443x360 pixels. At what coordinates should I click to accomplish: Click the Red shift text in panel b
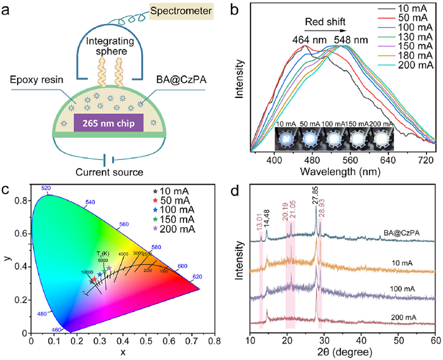pyautogui.click(x=325, y=22)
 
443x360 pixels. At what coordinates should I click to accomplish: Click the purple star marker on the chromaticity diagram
pyautogui.click(x=109, y=268)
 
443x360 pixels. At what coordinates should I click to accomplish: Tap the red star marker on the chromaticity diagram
pyautogui.click(x=94, y=279)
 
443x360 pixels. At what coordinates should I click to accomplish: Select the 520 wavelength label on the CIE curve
pyautogui.click(x=46, y=189)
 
